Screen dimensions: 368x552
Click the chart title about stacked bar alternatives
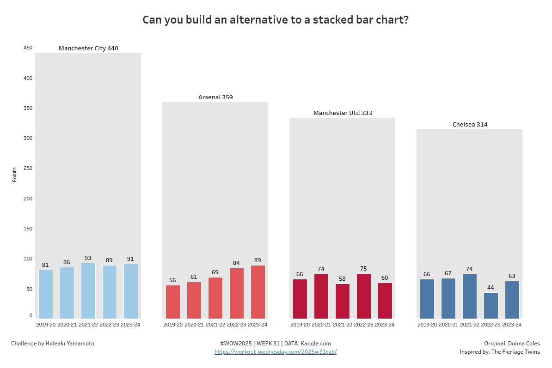click(276, 20)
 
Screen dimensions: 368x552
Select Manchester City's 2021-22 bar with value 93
click(88, 290)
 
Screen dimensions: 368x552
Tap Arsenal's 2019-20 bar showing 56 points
click(172, 302)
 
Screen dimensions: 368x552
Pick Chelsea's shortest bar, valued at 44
click(491, 305)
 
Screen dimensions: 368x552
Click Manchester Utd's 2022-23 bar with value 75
click(363, 296)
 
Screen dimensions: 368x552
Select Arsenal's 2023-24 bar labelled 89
click(258, 291)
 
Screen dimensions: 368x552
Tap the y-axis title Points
click(14, 175)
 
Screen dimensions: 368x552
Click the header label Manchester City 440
click(88, 48)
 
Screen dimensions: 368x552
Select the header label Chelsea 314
click(470, 125)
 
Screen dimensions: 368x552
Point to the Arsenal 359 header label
click(215, 97)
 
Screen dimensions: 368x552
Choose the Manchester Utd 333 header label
click(343, 113)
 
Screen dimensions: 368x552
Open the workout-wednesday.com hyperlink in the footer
click(276, 352)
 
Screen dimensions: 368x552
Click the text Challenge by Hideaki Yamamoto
click(53, 344)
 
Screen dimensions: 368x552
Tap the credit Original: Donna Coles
click(512, 344)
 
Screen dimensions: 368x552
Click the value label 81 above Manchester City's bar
click(45, 265)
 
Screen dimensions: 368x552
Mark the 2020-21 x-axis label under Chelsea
click(448, 325)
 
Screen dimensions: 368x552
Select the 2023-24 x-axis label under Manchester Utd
click(385, 325)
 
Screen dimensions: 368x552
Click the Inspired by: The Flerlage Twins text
click(499, 352)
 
